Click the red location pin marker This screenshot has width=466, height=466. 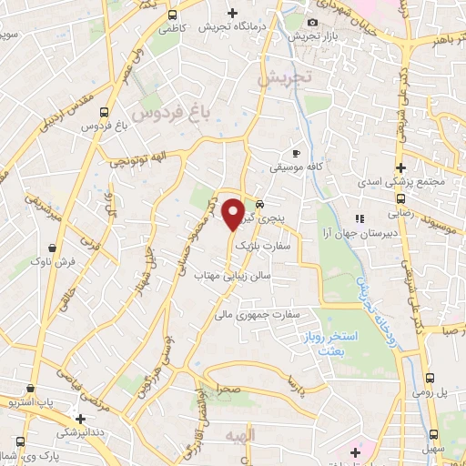tap(233, 214)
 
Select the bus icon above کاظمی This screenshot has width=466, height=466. tap(173, 15)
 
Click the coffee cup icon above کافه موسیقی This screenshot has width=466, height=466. tap(295, 153)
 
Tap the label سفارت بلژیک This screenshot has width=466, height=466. tap(261, 246)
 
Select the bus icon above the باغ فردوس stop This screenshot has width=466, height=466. tap(106, 113)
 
